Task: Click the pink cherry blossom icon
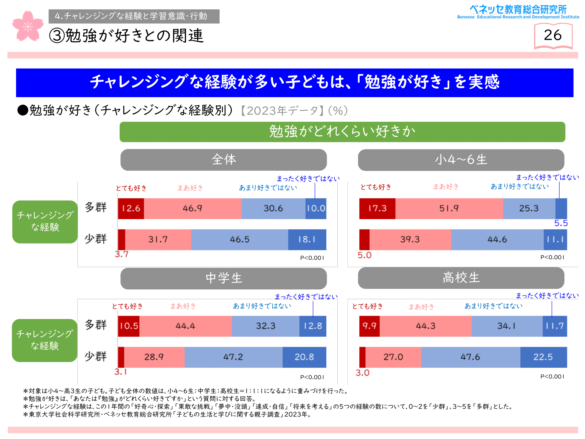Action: (x=27, y=26)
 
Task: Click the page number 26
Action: (x=553, y=35)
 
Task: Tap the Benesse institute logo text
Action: (x=518, y=12)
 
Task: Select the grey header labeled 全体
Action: (x=223, y=160)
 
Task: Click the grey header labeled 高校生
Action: (x=461, y=278)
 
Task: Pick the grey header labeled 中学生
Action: (x=223, y=278)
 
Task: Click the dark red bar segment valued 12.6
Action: (x=131, y=208)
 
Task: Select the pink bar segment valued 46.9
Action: (x=192, y=208)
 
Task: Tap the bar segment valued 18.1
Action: (x=307, y=239)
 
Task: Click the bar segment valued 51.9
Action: (x=449, y=208)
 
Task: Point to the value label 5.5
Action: (x=561, y=223)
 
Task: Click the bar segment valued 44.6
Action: (x=497, y=239)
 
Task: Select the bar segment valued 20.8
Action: (x=304, y=357)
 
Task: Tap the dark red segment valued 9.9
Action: (x=369, y=326)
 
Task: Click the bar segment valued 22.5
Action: (x=543, y=357)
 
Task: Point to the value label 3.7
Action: (x=121, y=254)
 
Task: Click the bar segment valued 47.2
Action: (x=233, y=357)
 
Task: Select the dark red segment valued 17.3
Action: (x=377, y=208)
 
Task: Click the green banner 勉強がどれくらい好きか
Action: (x=342, y=132)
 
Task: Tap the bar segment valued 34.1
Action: (x=507, y=326)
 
